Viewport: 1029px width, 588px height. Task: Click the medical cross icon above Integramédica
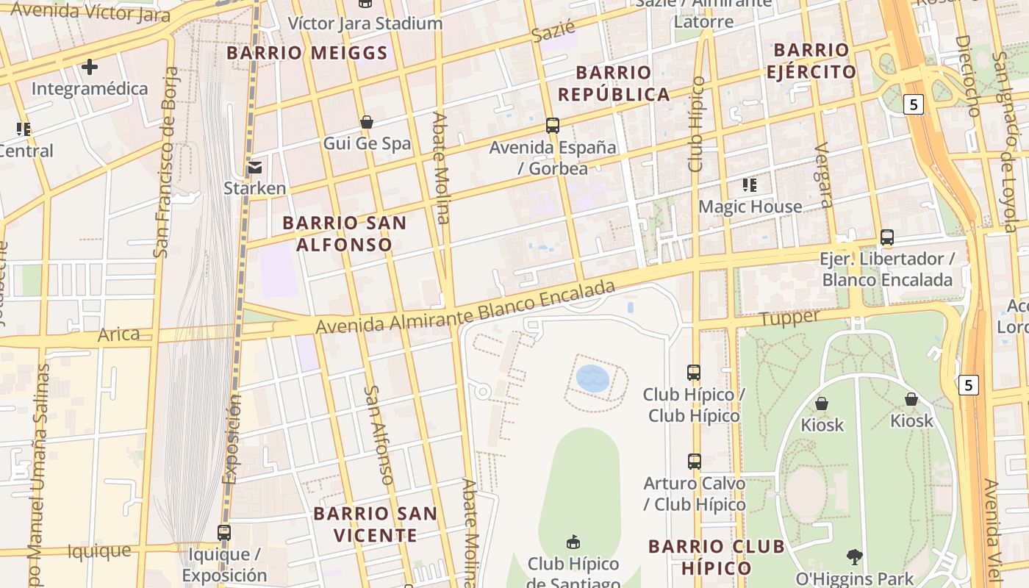[90, 67]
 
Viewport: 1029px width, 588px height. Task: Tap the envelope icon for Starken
[255, 167]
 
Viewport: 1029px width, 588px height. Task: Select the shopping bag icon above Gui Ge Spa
[366, 122]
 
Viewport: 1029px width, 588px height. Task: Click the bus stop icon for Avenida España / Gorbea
[553, 126]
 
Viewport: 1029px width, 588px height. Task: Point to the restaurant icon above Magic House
[750, 185]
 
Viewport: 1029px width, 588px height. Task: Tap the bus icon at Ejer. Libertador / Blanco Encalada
[887, 237]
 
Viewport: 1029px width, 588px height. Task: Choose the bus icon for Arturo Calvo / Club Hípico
[695, 462]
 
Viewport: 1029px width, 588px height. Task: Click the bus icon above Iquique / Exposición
[224, 532]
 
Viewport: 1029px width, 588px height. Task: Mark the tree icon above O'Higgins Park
[854, 556]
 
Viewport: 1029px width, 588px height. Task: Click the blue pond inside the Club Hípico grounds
[592, 379]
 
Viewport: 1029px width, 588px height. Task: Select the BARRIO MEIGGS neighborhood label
[307, 53]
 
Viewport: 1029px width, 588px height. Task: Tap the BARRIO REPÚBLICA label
[614, 83]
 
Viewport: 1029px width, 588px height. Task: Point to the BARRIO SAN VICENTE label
[376, 524]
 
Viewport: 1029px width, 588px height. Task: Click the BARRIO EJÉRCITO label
[811, 61]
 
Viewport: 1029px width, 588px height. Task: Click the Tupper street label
[789, 318]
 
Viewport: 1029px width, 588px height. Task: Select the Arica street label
[118, 334]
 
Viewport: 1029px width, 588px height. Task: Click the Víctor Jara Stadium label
[365, 24]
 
